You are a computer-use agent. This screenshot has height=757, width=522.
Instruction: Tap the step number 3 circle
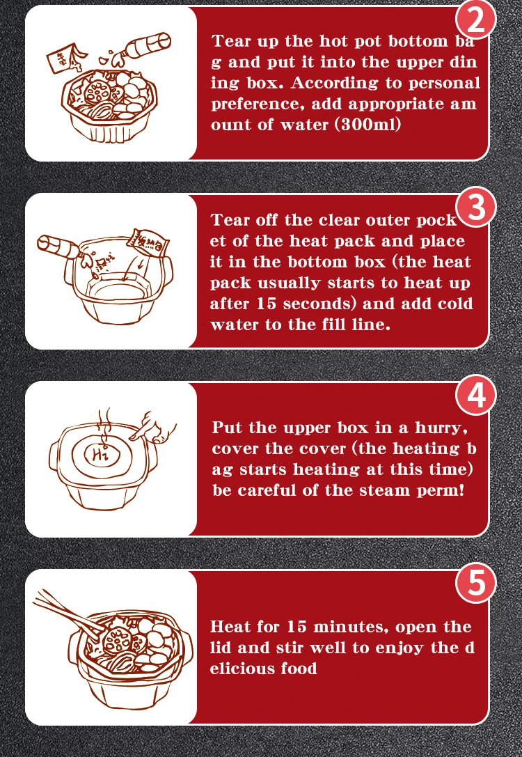[x=475, y=207]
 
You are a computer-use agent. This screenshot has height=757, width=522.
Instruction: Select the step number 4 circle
[x=475, y=395]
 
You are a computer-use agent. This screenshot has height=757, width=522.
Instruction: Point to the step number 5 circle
[x=475, y=583]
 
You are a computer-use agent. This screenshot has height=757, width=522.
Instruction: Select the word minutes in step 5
[x=351, y=627]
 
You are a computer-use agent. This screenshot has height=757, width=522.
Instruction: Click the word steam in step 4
[x=364, y=490]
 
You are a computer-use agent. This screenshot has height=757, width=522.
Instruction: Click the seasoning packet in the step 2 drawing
[x=61, y=58]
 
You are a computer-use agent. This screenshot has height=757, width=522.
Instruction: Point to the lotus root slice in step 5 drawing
[x=116, y=641]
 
